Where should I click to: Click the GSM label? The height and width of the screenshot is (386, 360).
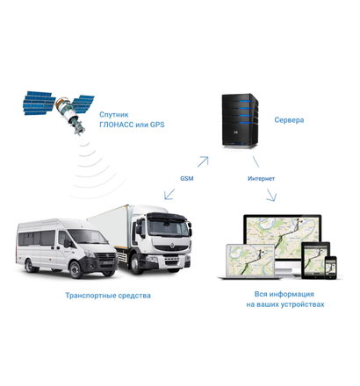click(x=187, y=178)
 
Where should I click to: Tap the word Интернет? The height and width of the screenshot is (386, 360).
click(x=261, y=178)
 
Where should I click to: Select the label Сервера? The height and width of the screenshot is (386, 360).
click(x=289, y=120)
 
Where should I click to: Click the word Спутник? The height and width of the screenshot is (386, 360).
click(x=114, y=115)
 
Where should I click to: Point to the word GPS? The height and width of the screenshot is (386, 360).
click(x=157, y=125)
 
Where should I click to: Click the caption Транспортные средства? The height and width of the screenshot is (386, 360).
click(x=108, y=296)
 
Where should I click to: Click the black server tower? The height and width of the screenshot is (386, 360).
click(x=240, y=120)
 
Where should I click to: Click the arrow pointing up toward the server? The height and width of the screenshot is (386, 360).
click(x=203, y=161)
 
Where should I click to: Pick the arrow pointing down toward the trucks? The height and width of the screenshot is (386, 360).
click(x=169, y=194)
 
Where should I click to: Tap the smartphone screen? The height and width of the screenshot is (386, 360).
click(x=331, y=268)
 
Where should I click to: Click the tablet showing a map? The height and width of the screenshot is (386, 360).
click(x=315, y=260)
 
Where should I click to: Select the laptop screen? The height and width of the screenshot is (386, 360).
click(x=249, y=261)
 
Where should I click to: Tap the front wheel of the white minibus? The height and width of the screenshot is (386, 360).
click(x=76, y=269)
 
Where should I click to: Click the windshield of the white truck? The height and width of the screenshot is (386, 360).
click(x=168, y=227)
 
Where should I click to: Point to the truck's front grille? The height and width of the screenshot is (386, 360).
click(x=172, y=248)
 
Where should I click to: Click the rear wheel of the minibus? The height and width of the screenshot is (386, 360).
click(x=30, y=266)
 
